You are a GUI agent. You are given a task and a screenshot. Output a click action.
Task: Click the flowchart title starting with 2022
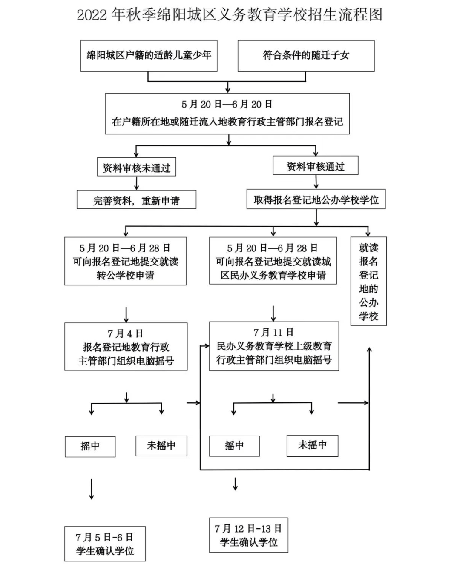(230, 15)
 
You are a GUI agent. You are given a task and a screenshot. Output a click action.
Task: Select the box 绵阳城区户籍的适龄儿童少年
(149, 55)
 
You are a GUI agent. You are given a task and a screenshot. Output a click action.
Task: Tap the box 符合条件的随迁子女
(306, 55)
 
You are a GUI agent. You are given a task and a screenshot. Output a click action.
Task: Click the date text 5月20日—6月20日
(227, 104)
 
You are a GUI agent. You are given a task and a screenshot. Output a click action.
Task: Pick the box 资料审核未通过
(136, 168)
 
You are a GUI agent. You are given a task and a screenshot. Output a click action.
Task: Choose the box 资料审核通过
(316, 166)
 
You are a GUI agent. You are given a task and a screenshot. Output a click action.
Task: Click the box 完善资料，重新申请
(136, 200)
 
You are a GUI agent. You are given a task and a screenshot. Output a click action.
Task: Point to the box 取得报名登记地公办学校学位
(316, 199)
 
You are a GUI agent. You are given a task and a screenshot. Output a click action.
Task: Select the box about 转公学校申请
(125, 261)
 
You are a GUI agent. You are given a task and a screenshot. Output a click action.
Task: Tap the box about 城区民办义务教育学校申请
(273, 261)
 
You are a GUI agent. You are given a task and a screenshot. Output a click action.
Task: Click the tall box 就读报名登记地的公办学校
(368, 281)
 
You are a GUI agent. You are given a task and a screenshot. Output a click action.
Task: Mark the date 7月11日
(273, 333)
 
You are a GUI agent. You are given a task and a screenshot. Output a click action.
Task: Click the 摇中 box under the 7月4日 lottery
(90, 446)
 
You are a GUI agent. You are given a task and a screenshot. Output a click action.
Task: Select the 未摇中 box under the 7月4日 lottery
(161, 445)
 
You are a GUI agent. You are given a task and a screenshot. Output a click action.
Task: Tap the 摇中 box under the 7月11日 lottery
(234, 445)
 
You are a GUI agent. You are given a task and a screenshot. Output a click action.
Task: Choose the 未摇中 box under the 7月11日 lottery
(312, 445)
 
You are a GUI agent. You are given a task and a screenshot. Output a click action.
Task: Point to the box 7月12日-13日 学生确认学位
(248, 535)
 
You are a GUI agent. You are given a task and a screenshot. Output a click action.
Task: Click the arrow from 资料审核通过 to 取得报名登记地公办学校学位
(316, 182)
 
